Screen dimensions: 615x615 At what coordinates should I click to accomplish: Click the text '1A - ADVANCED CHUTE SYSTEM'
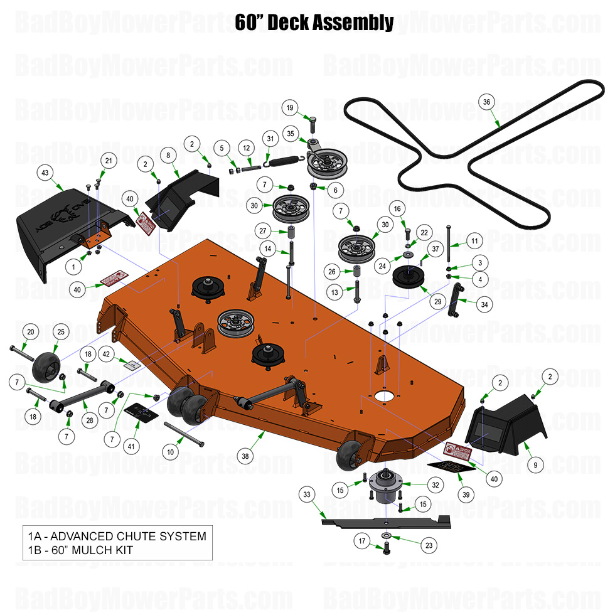pyautogui.click(x=117, y=537)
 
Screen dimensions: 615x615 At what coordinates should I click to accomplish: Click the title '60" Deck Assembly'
pyautogui.click(x=314, y=23)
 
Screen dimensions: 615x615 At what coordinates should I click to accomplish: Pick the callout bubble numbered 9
pyautogui.click(x=535, y=465)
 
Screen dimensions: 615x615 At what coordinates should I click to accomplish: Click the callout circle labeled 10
pyautogui.click(x=169, y=452)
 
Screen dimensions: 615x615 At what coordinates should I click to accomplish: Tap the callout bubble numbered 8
pyautogui.click(x=168, y=155)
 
